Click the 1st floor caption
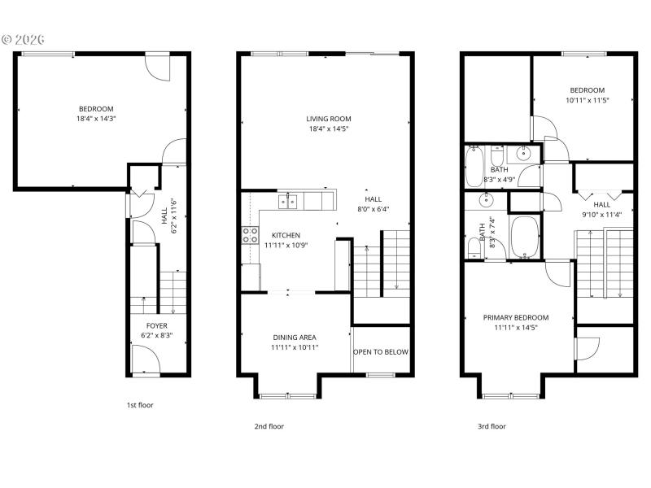tap(140, 404)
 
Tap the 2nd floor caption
tap(270, 425)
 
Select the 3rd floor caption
tap(492, 425)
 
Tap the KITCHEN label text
tap(286, 235)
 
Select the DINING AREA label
tap(295, 337)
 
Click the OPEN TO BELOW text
tap(381, 352)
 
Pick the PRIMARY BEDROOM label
tap(516, 317)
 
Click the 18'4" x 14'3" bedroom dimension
tap(96, 119)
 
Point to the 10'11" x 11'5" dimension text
tap(588, 100)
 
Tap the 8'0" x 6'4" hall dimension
tap(373, 209)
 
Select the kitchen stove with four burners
tap(250, 236)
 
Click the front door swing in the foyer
tap(145, 358)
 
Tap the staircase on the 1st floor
tap(172, 291)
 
